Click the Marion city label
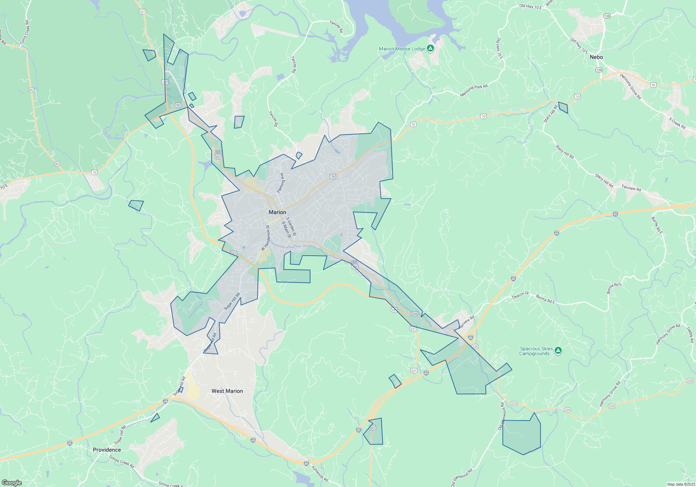277,212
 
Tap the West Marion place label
227,391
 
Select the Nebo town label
596,57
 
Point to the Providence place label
107,450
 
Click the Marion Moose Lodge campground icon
430,48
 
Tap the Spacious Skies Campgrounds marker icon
558,350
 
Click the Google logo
12,483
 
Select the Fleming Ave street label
280,183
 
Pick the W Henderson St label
266,238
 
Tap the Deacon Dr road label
520,295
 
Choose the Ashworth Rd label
319,474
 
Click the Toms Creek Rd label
25,32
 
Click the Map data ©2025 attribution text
681,484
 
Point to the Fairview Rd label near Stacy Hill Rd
631,188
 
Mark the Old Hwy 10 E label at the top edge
530,6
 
